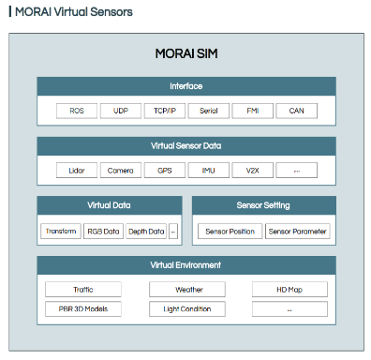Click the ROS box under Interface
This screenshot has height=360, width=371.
click(x=77, y=111)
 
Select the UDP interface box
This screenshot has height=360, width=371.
click(x=121, y=111)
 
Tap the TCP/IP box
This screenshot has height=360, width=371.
click(x=165, y=111)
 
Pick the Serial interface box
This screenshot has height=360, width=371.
click(x=209, y=111)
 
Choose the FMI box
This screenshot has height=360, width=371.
click(x=253, y=111)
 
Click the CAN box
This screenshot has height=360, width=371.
click(x=297, y=111)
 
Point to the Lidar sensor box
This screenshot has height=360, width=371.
click(x=77, y=171)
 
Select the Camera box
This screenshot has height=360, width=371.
click(x=121, y=171)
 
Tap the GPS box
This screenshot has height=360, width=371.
click(x=165, y=171)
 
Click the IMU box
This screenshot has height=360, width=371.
click(x=209, y=171)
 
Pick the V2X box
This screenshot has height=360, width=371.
click(x=253, y=171)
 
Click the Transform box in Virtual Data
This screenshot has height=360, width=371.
click(x=61, y=232)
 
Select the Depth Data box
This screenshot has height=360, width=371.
click(x=146, y=232)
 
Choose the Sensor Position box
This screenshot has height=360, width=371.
click(x=230, y=232)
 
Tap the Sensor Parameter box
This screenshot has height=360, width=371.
click(x=298, y=232)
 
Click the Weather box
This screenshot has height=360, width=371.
click(x=187, y=290)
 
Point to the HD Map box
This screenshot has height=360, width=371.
click(x=289, y=290)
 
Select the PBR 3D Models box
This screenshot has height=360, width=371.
click(x=83, y=309)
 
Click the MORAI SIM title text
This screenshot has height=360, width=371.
click(x=186, y=53)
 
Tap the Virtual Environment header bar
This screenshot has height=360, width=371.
click(x=186, y=265)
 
